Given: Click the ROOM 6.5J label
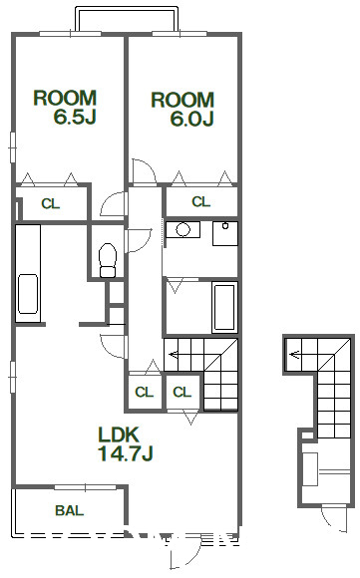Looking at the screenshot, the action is click(x=65, y=108).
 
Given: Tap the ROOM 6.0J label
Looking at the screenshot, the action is click(x=182, y=109).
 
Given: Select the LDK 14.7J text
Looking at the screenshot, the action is click(x=126, y=443).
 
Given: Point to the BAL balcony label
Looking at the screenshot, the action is click(x=70, y=510).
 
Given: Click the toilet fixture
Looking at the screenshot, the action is click(x=108, y=260).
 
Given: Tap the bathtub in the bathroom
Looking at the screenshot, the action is click(x=224, y=307).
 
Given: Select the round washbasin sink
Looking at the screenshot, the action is click(x=182, y=230).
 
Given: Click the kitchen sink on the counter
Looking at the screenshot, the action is click(x=28, y=294).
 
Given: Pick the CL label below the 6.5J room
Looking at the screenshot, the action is click(x=51, y=204).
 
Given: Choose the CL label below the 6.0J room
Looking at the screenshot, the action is click(x=201, y=201).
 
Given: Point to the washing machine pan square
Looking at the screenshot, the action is click(x=225, y=233).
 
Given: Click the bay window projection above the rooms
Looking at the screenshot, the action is click(x=127, y=18).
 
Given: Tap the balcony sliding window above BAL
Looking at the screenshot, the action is click(x=85, y=487).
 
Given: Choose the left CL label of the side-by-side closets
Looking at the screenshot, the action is click(x=145, y=392).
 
